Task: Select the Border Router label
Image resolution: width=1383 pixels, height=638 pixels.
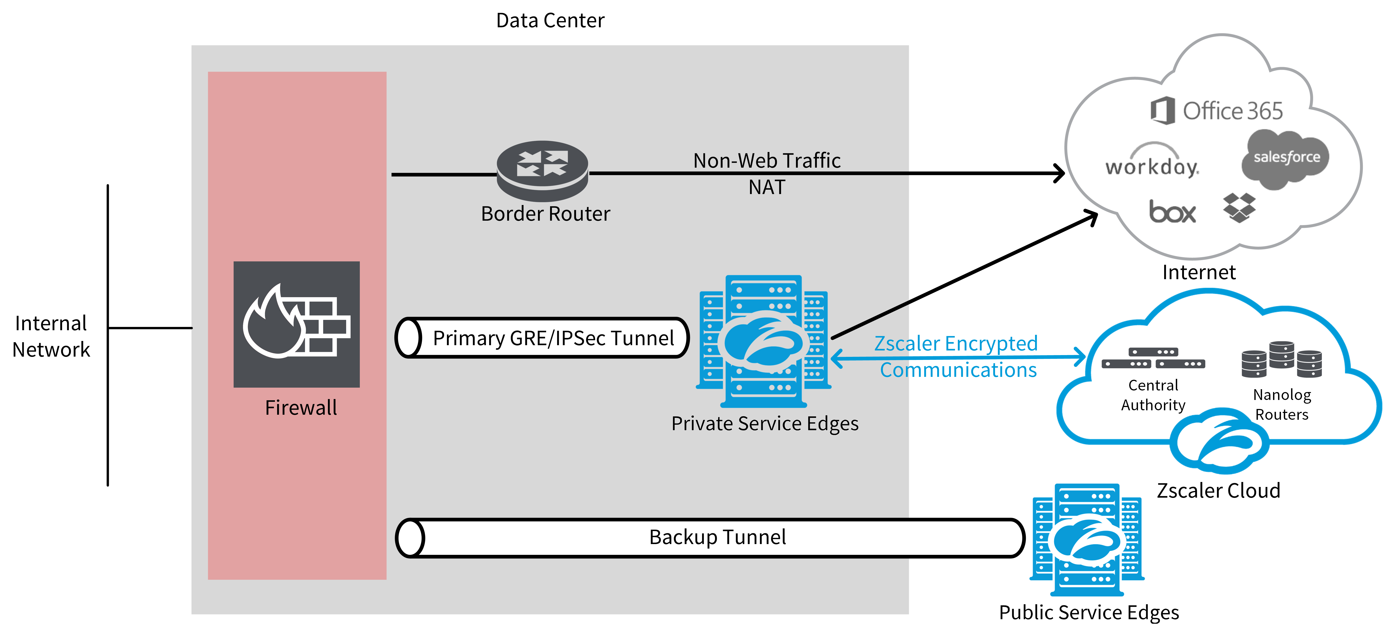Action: pyautogui.click(x=545, y=214)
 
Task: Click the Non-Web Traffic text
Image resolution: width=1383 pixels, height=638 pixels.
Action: pyautogui.click(x=767, y=160)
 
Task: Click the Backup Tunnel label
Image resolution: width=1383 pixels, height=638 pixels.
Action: pyautogui.click(x=717, y=537)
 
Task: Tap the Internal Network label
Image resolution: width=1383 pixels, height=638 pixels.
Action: pyautogui.click(x=51, y=336)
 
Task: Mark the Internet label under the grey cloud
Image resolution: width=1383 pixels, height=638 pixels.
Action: pyautogui.click(x=1199, y=272)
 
